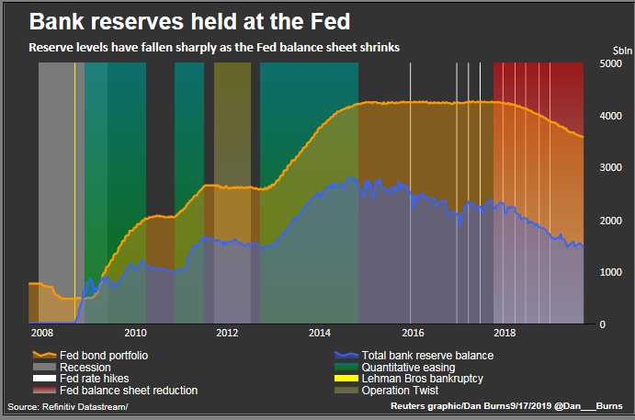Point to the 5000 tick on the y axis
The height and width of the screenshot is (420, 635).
[x=612, y=63]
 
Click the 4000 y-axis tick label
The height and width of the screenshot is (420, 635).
[x=612, y=117]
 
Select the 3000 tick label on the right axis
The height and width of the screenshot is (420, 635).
[x=612, y=168]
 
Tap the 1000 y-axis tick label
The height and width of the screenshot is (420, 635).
[x=612, y=273]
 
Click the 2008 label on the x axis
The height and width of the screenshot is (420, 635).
[x=42, y=333]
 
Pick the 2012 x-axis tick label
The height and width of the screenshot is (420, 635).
[x=228, y=333]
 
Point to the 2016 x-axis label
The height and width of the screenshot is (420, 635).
[x=414, y=333]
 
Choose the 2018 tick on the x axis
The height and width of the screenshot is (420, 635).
[x=505, y=333]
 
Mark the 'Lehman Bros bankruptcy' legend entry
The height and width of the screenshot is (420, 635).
[x=422, y=379]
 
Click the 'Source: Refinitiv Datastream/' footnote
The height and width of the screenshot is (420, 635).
[x=68, y=406]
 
